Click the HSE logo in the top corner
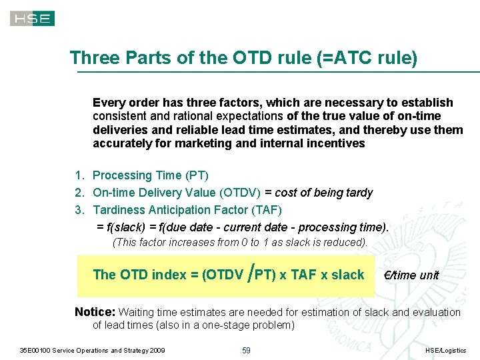click(x=32, y=18)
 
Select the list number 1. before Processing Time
click(x=79, y=175)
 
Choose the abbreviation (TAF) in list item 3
click(x=269, y=210)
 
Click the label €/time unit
click(x=411, y=275)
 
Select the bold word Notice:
click(x=95, y=312)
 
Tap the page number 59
click(x=246, y=351)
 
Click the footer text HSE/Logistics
click(x=445, y=351)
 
